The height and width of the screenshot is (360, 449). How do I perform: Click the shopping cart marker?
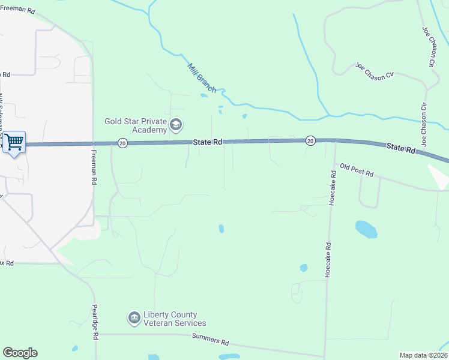[14, 143]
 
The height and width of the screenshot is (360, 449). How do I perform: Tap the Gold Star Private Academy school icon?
[176, 125]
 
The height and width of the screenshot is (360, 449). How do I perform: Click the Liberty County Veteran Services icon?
[134, 317]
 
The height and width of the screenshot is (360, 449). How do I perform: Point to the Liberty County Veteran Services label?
[174, 319]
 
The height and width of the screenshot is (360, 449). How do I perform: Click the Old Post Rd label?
[357, 170]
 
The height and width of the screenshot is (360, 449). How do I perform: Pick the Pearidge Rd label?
[95, 322]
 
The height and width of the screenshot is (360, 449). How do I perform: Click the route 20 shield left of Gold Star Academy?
[122, 143]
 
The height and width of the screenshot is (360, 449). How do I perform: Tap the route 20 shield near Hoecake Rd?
[310, 140]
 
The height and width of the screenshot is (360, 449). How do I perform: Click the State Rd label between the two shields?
[208, 142]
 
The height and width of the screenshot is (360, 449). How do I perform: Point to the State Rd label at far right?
[401, 148]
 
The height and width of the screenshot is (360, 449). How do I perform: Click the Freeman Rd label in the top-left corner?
[20, 11]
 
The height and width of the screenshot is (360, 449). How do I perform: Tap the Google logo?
[20, 353]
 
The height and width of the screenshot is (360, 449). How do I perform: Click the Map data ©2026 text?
[423, 355]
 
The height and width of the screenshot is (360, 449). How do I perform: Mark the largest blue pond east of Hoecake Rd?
[366, 229]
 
